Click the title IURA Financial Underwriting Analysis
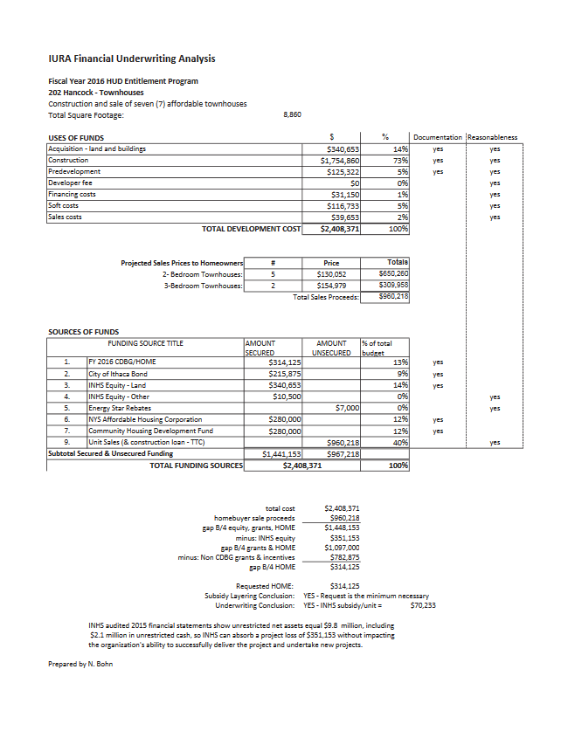point(131,59)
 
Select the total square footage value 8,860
point(293,114)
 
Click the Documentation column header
point(438,137)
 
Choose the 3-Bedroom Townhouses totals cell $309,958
point(393,285)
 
